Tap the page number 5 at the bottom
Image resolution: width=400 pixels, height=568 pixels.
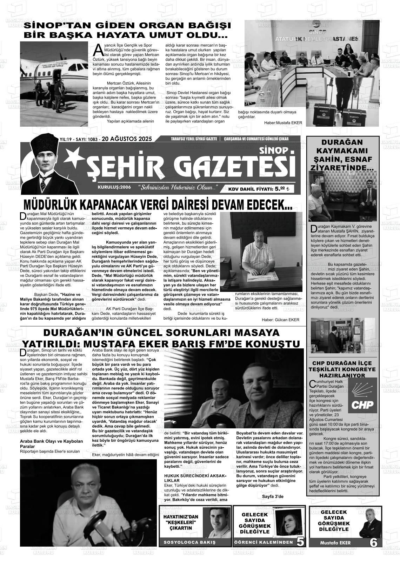[300, 542]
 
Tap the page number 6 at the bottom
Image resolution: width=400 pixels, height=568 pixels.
[373, 542]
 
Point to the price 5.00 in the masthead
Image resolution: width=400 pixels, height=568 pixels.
[280, 189]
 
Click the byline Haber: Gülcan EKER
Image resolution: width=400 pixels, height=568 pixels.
[280, 320]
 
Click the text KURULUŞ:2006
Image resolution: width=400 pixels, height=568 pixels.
[114, 187]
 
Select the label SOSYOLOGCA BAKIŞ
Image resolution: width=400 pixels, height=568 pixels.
[189, 542]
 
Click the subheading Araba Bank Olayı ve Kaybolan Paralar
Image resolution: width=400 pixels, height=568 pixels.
[52, 443]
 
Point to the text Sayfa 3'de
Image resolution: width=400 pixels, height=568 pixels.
[273, 496]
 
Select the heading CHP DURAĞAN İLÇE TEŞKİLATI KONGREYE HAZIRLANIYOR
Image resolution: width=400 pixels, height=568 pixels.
[342, 369]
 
